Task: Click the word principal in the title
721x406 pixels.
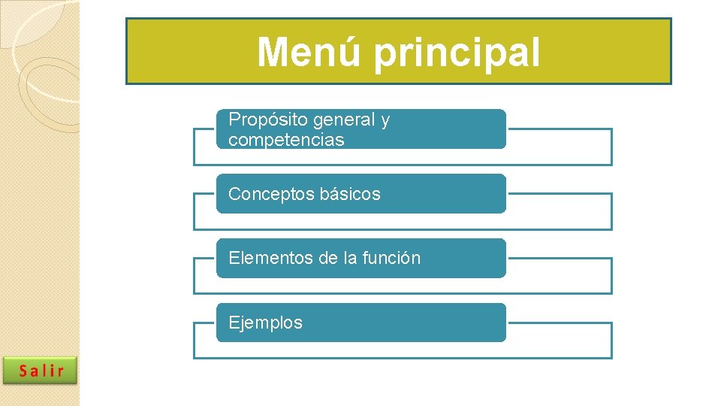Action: point(456,53)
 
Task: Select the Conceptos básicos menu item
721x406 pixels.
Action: point(361,194)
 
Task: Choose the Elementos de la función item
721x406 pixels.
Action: point(361,258)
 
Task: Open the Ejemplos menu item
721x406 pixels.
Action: point(361,323)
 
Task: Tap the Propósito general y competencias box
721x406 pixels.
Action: point(361,129)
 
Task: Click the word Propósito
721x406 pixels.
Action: point(258,120)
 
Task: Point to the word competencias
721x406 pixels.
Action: point(286,140)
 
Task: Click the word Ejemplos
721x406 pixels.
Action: point(265,323)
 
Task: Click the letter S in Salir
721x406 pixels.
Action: point(24,371)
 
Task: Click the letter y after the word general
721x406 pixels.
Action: point(385,120)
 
